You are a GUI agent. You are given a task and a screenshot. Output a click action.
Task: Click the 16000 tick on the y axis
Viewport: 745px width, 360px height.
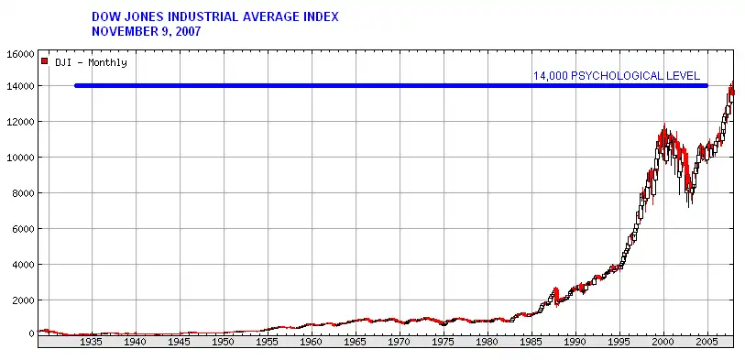[x=21, y=54]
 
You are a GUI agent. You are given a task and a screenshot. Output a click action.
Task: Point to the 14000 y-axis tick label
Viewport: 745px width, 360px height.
[x=21, y=86]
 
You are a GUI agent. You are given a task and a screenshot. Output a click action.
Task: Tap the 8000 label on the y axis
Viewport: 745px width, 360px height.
[x=23, y=192]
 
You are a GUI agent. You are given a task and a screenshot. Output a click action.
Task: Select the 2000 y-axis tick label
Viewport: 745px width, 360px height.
[x=23, y=300]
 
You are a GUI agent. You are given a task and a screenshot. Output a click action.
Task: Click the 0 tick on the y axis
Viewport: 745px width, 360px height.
[x=31, y=333]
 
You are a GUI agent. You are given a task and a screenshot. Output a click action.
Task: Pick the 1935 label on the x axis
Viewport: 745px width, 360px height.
[x=92, y=342]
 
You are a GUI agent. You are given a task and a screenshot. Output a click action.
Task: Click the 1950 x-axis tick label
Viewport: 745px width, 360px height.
[x=224, y=342]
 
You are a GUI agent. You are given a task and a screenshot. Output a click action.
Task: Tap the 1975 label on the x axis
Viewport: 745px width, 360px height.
[x=444, y=342]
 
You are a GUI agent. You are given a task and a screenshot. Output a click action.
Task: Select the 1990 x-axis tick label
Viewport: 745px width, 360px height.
[x=575, y=342]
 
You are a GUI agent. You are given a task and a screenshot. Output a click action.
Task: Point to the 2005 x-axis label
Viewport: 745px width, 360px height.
[x=707, y=342]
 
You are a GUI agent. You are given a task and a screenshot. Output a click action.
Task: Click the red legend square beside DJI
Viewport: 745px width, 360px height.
[x=45, y=61]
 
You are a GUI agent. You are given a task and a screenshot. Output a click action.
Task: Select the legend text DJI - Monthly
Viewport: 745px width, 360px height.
[x=92, y=62]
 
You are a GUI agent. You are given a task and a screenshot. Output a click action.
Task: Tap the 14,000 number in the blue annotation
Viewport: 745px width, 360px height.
[x=551, y=76]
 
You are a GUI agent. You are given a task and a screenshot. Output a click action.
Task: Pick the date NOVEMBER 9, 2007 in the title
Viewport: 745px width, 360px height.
[x=147, y=32]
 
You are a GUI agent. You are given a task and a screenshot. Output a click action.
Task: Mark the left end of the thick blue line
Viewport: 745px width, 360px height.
[x=76, y=86]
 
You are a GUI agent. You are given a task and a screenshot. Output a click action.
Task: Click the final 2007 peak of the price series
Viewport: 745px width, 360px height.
[x=733, y=83]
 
